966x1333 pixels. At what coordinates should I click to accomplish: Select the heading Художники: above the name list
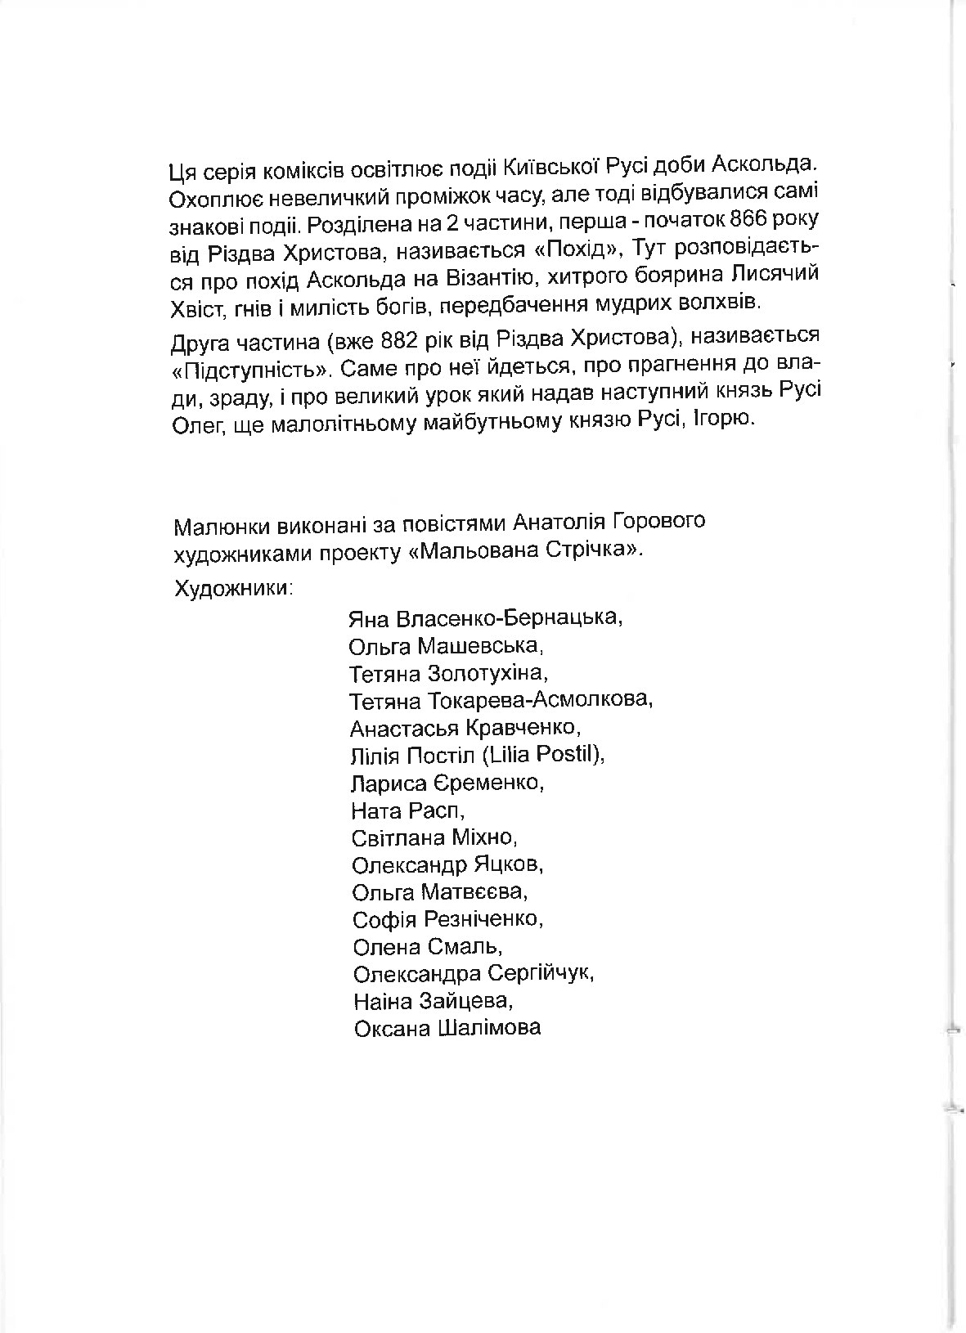234,588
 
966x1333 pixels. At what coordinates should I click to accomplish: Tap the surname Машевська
480,646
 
